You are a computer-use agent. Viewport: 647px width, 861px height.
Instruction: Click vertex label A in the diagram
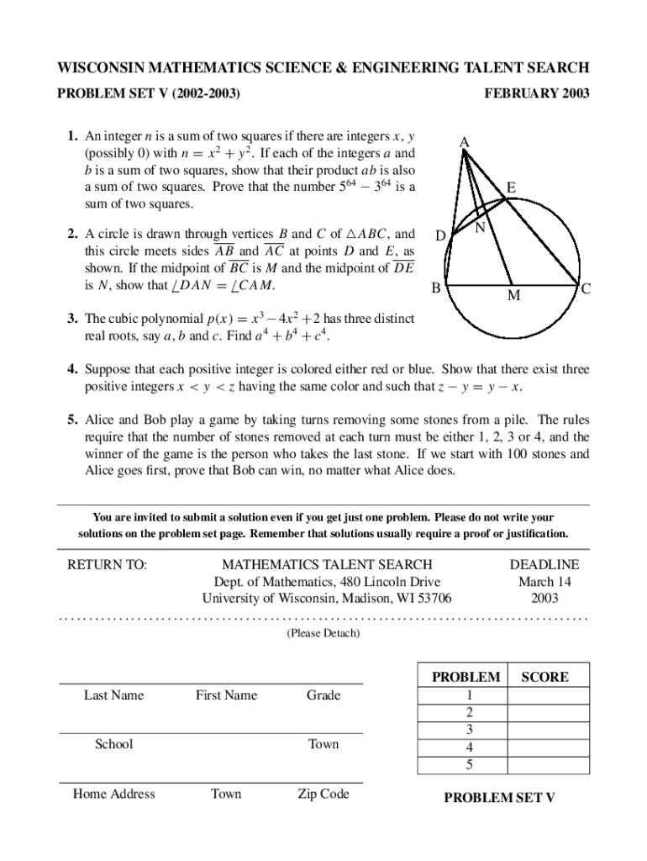(464, 144)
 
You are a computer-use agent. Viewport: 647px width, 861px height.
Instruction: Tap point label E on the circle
(511, 190)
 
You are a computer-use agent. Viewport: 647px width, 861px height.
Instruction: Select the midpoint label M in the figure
(513, 296)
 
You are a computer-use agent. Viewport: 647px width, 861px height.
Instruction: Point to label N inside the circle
(480, 228)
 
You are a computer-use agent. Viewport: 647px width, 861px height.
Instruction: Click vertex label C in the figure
(587, 288)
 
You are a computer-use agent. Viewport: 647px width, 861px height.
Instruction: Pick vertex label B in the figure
(436, 288)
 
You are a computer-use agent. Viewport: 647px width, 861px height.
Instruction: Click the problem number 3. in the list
(74, 319)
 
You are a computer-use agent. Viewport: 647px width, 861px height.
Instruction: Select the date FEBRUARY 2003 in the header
(537, 93)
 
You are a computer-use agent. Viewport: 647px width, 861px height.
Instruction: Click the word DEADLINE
(544, 565)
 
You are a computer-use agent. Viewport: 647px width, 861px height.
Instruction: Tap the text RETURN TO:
(107, 565)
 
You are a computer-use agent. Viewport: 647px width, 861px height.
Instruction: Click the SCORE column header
(545, 677)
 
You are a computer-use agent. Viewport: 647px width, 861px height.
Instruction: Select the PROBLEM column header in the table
(466, 677)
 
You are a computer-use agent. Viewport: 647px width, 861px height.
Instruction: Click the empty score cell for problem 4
(545, 747)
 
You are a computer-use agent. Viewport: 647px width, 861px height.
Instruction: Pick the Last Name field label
(113, 695)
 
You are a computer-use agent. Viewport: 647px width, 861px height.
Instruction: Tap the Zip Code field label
(323, 794)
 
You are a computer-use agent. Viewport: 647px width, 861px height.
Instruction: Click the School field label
(113, 744)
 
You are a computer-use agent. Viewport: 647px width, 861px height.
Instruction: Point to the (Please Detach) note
(323, 633)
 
